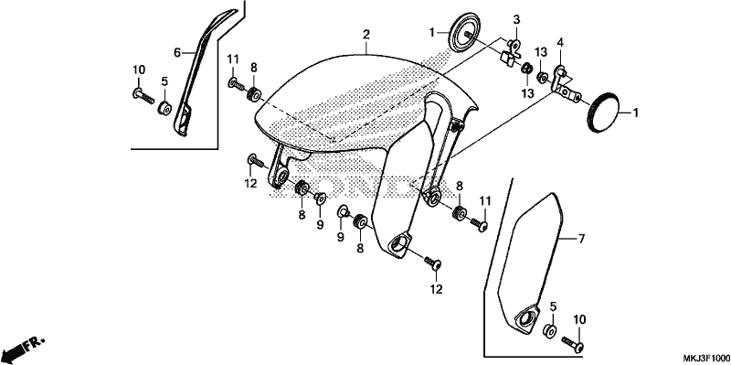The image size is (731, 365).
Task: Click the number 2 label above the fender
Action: pyautogui.click(x=366, y=34)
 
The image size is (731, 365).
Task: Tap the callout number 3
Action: pyautogui.click(x=516, y=20)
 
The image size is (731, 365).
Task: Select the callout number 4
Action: pyautogui.click(x=560, y=43)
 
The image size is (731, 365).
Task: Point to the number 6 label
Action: pyautogui.click(x=177, y=53)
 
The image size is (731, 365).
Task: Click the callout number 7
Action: pyautogui.click(x=581, y=240)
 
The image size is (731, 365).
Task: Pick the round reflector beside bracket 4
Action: pyautogui.click(x=602, y=112)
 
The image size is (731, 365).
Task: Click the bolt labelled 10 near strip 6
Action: pyautogui.click(x=143, y=96)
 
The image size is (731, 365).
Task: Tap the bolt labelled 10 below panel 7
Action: pyautogui.click(x=573, y=344)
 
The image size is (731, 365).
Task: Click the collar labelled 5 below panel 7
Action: pyautogui.click(x=549, y=330)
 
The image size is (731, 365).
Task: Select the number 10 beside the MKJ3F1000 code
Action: pyautogui.click(x=579, y=320)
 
